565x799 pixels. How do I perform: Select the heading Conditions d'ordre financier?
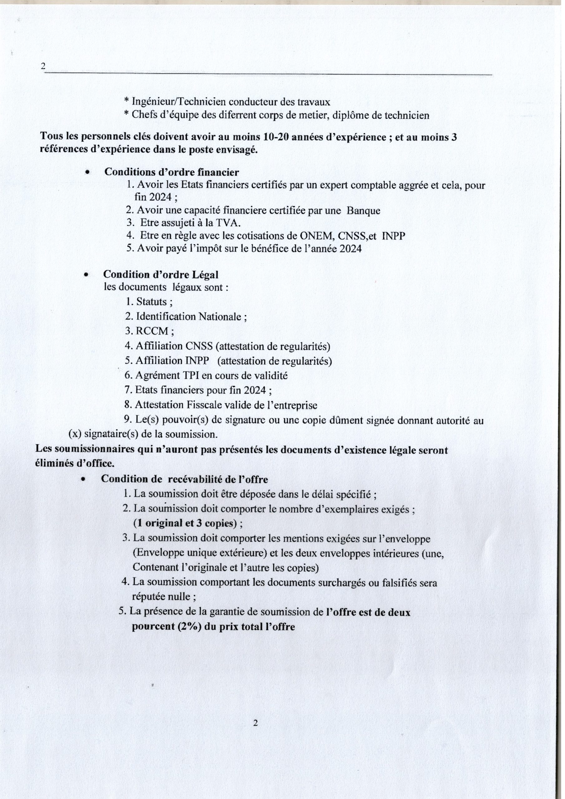click(172, 172)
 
